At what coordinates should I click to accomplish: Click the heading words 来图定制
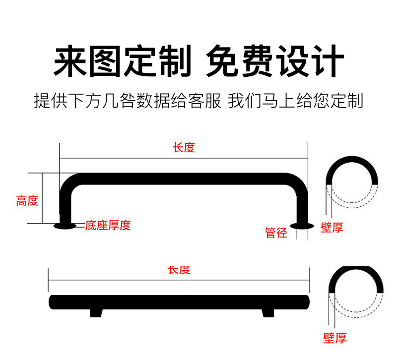tap(122, 61)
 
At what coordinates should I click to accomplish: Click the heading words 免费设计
tap(274, 61)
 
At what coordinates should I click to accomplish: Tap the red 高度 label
tap(27, 201)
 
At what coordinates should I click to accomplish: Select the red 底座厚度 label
tap(108, 226)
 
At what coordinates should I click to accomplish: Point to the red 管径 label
tap(276, 233)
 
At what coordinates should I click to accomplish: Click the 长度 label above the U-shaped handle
tap(184, 148)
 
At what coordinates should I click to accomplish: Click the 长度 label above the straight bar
tap(179, 270)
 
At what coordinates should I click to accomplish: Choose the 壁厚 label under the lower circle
tap(335, 339)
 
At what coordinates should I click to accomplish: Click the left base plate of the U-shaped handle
tap(65, 227)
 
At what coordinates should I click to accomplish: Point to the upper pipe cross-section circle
tap(352, 181)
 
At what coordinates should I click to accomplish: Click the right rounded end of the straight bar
tap(306, 301)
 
